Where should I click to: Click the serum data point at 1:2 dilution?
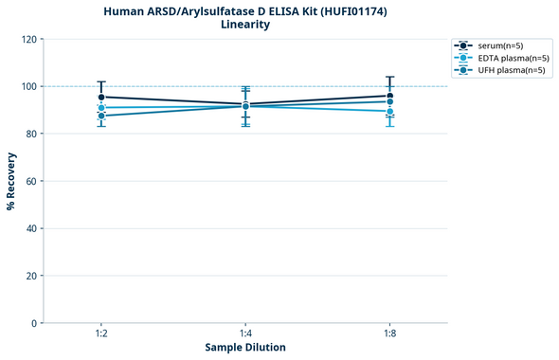[x=101, y=97]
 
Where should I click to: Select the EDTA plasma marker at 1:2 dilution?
[x=101, y=108]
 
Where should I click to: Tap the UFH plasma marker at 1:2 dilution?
[x=101, y=116]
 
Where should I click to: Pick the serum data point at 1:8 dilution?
[x=389, y=96]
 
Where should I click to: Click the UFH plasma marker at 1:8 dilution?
[x=389, y=101]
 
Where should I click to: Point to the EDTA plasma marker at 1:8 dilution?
[x=389, y=111]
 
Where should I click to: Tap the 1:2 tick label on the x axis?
[x=101, y=333]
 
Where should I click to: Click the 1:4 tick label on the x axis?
[x=245, y=333]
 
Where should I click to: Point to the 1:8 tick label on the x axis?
[x=389, y=333]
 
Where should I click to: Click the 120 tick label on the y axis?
[x=28, y=39]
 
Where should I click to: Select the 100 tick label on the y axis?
[x=28, y=86]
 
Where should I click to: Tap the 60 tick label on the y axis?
[x=31, y=181]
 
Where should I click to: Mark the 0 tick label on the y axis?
[x=34, y=323]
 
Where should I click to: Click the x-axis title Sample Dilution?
[x=245, y=348]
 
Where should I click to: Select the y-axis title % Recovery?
[x=10, y=181]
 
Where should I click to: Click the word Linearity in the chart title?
[x=245, y=25]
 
